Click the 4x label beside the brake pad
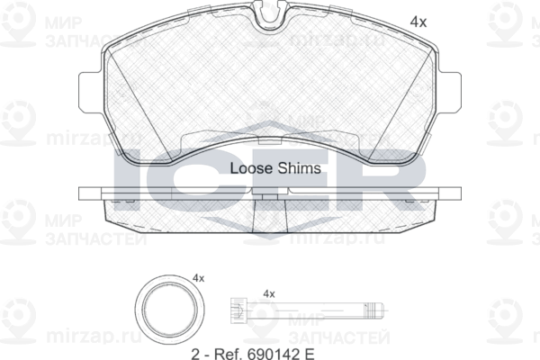tap(418, 22)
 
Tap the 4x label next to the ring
tap(198, 278)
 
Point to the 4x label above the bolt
tap(269, 294)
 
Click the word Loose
tap(251, 168)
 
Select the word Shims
tap(300, 168)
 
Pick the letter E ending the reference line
tap(310, 354)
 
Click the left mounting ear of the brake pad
tap(90, 92)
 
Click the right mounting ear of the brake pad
tap(450, 92)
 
